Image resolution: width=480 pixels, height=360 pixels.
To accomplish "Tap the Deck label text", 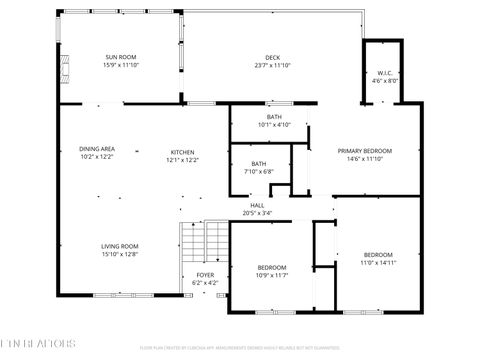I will point(272,57).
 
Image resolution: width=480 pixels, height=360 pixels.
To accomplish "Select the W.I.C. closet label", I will point(383,73).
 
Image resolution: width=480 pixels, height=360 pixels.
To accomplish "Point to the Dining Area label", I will point(96,149).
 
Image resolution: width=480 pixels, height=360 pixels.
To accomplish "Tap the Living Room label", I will point(119,246).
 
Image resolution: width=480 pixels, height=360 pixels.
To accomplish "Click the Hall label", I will point(257,205).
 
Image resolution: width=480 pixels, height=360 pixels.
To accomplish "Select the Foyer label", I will point(204,274).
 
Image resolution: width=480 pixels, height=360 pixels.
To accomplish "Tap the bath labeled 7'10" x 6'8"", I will point(258,163).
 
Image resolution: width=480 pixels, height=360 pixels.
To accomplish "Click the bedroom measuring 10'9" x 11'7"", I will point(272,267).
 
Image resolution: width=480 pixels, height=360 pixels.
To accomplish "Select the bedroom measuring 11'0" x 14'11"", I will point(378,254).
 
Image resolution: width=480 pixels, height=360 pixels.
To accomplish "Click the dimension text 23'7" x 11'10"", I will point(272,65).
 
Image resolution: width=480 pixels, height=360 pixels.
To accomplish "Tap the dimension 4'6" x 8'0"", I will point(383,80).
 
